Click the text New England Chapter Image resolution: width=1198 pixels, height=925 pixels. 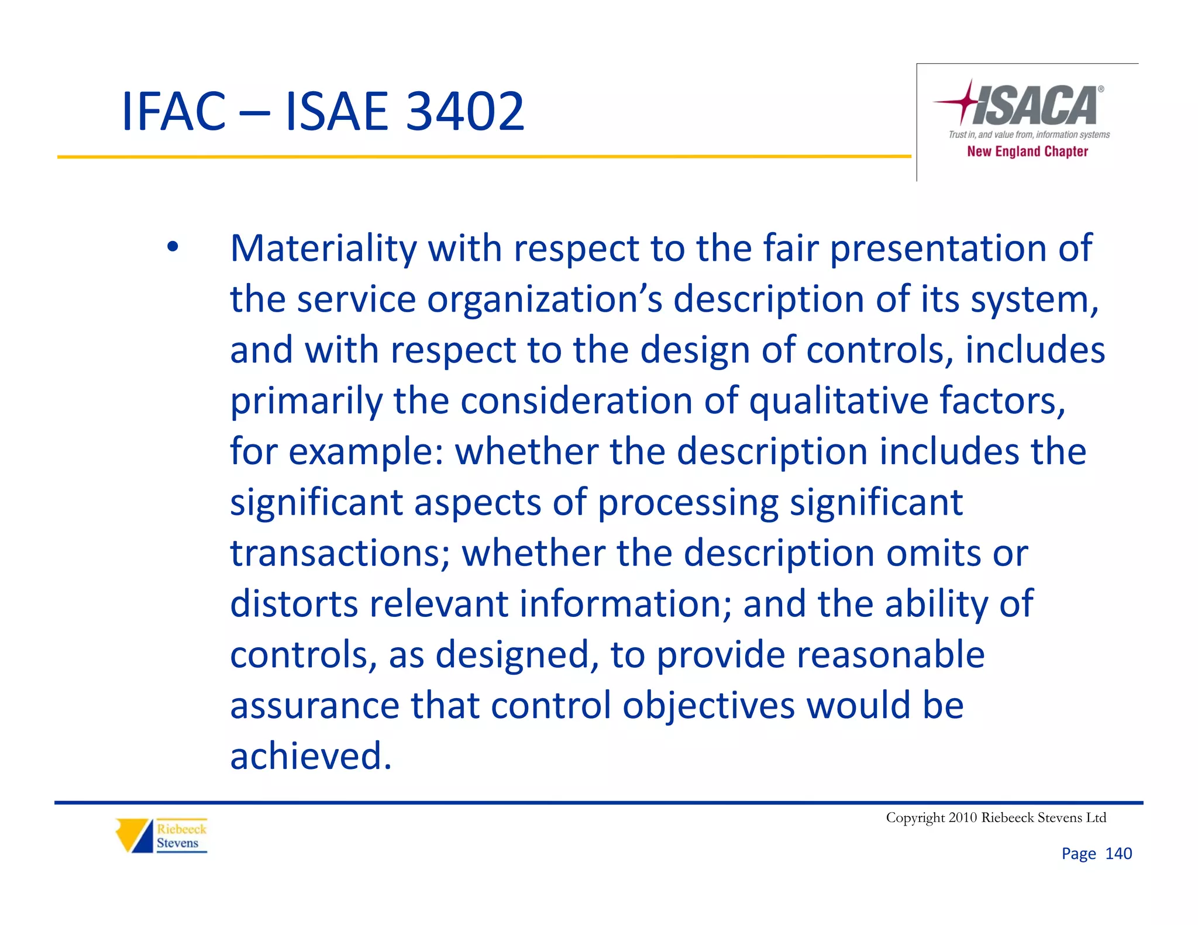[1027, 151]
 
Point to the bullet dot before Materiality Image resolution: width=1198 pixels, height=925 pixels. [172, 247]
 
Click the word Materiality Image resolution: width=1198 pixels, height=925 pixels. [323, 248]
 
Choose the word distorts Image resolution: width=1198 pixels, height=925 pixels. [294, 604]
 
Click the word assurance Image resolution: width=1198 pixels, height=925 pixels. [314, 706]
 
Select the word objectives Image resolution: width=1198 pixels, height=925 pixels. [708, 706]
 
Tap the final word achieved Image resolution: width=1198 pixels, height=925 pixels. [310, 756]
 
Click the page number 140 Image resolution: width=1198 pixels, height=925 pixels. [1118, 854]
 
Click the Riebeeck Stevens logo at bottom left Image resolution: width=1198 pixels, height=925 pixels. [161, 836]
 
